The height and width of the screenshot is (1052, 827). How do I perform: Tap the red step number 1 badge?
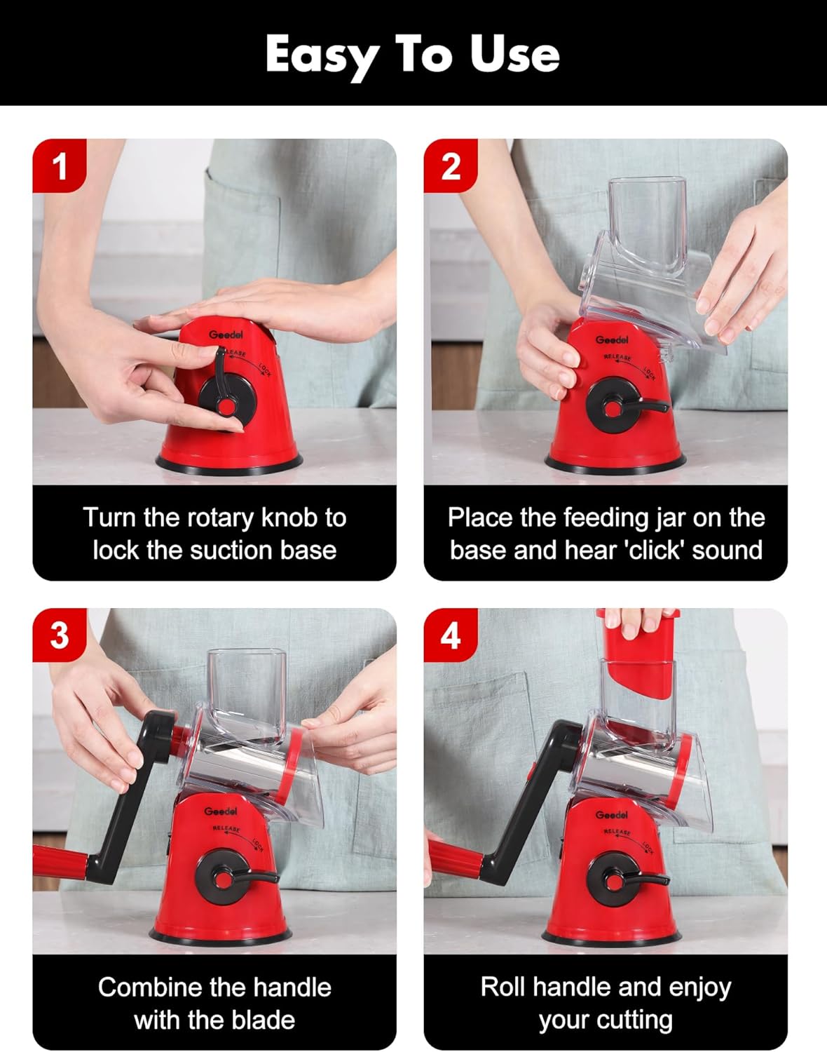(59, 166)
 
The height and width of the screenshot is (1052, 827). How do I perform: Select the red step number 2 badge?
(451, 166)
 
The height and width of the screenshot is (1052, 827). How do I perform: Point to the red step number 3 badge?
(59, 635)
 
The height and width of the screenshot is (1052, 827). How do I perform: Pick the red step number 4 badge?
(451, 635)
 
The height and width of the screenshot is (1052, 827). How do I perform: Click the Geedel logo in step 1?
(226, 335)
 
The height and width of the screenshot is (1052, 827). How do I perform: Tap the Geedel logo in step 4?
(612, 815)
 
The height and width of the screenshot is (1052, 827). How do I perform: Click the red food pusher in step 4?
(636, 653)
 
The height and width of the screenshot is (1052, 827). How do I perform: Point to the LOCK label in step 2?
(649, 374)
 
